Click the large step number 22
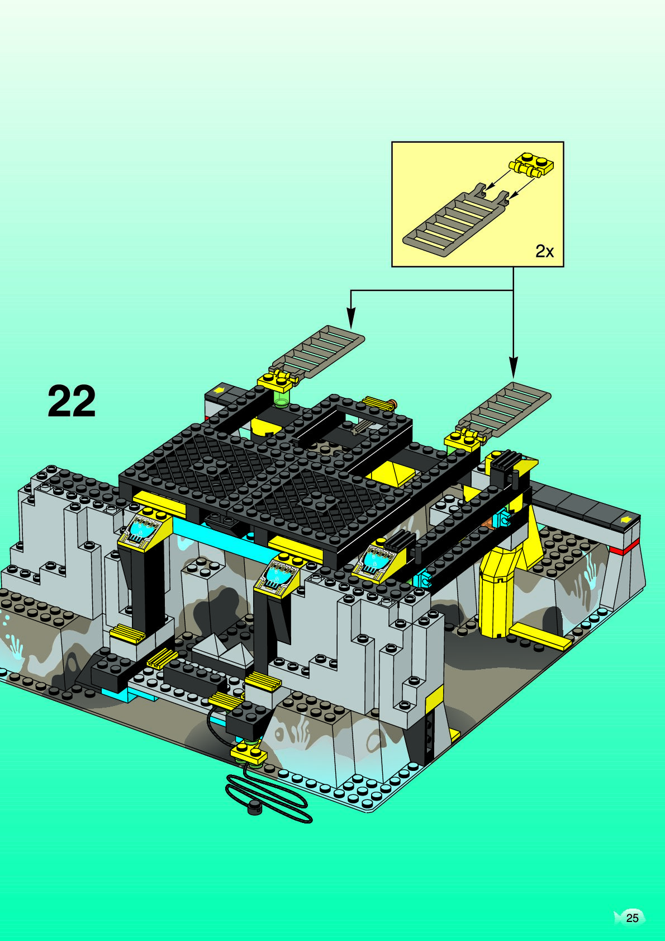click(72, 401)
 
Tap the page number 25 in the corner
click(632, 918)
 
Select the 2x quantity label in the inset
click(544, 251)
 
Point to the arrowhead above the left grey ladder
click(351, 318)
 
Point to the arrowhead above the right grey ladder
click(513, 367)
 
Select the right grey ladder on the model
click(503, 411)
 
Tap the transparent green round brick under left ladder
click(281, 398)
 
